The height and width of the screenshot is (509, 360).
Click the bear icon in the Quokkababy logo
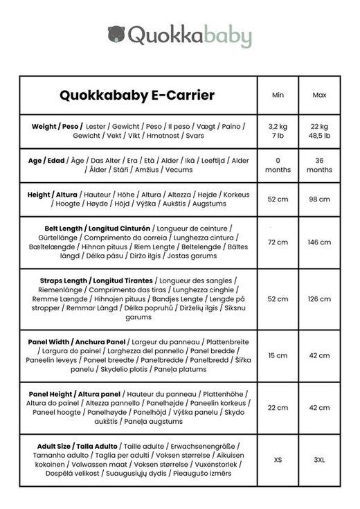116,34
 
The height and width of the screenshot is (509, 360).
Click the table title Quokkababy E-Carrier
138,95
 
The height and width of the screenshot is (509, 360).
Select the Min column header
278,95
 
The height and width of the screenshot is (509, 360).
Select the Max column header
319,95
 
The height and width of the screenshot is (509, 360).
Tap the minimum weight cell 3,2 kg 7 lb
278,132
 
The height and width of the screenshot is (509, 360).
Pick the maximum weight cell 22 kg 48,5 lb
319,132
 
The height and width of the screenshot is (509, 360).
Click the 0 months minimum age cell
278,165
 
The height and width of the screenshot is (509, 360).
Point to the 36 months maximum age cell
319,165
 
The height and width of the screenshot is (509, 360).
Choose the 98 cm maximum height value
319,199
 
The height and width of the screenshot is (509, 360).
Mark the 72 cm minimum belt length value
278,242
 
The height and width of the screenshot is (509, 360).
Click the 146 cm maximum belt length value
319,242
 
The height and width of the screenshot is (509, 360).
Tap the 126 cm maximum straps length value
319,299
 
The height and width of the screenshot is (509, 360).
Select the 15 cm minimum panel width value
278,356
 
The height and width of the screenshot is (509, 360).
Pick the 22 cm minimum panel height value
278,408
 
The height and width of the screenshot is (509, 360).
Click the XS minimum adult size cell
278,459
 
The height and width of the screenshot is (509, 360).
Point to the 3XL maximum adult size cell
319,459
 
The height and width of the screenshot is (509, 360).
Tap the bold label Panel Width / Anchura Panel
77,342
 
